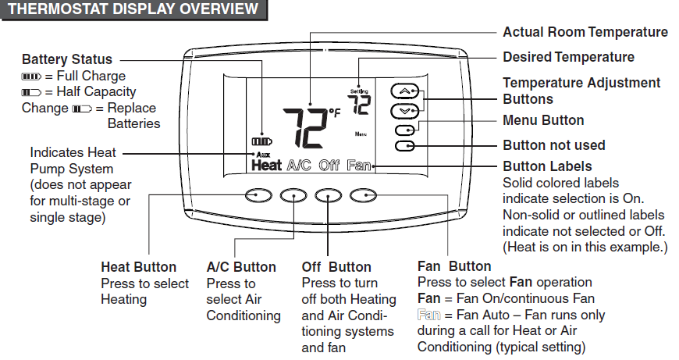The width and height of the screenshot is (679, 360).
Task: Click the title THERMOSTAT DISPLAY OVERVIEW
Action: pos(132,9)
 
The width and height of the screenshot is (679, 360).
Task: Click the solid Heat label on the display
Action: pos(266,166)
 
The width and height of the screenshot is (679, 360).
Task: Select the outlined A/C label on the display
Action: pos(299,166)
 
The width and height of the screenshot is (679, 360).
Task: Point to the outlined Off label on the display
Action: pos(329,166)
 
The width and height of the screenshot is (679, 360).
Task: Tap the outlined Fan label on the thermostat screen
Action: pos(359,166)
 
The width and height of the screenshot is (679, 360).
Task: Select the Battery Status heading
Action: pos(67,59)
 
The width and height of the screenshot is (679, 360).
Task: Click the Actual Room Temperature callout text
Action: pos(585,32)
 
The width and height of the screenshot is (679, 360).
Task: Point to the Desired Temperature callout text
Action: pos(568,57)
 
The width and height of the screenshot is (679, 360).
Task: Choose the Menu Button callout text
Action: pos(543,120)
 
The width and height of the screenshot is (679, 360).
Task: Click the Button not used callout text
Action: pos(553,145)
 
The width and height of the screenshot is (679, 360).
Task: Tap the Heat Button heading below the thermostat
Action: pos(139,267)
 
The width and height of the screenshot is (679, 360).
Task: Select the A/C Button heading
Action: pos(241,267)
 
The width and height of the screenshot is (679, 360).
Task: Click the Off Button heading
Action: pos(336,267)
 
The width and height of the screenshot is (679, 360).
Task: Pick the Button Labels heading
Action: pos(547,166)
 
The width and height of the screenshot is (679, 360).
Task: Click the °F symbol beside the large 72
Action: pos(335,113)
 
